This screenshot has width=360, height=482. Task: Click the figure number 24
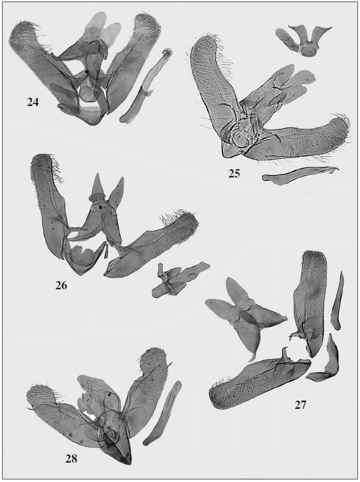[33, 102]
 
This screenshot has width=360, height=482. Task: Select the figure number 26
[61, 286]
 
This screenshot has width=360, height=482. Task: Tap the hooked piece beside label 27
[325, 360]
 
